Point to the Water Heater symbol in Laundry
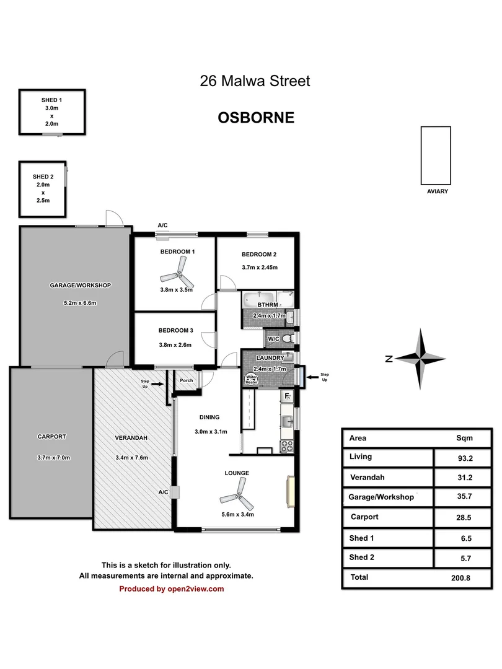(x=252, y=378)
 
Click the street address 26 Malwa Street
(x=255, y=81)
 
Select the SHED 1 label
(x=51, y=100)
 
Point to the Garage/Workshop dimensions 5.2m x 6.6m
(x=81, y=303)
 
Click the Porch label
(x=186, y=381)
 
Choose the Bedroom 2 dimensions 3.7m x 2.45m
(x=259, y=268)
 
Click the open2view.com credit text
(x=172, y=589)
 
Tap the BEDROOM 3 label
(x=175, y=330)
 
